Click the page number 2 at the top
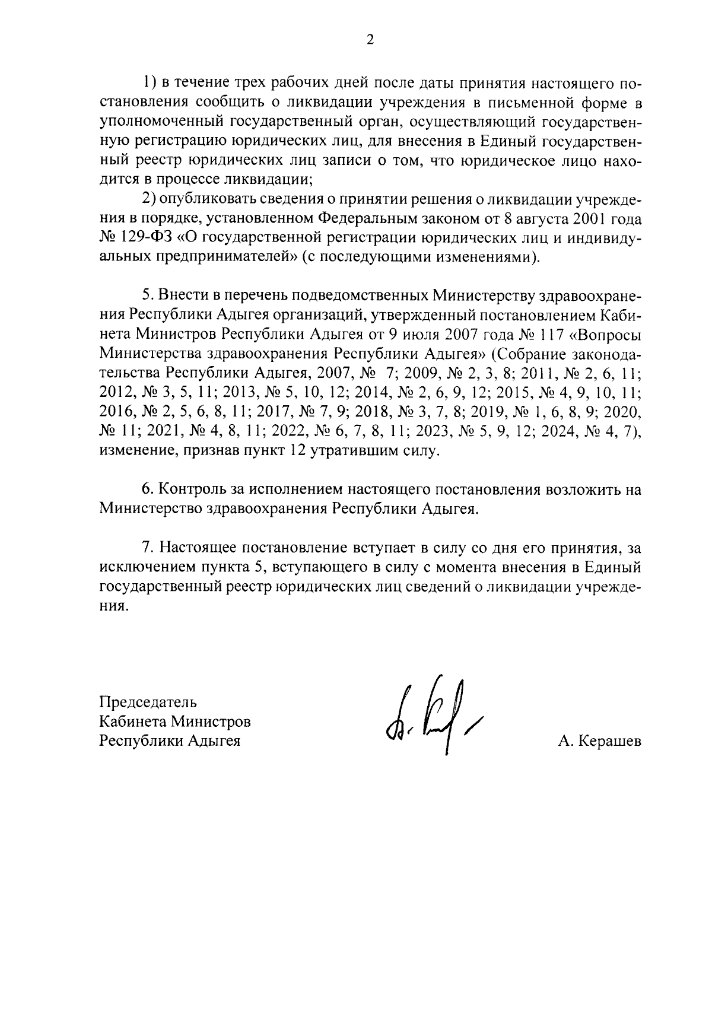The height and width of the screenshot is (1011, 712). [370, 40]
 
